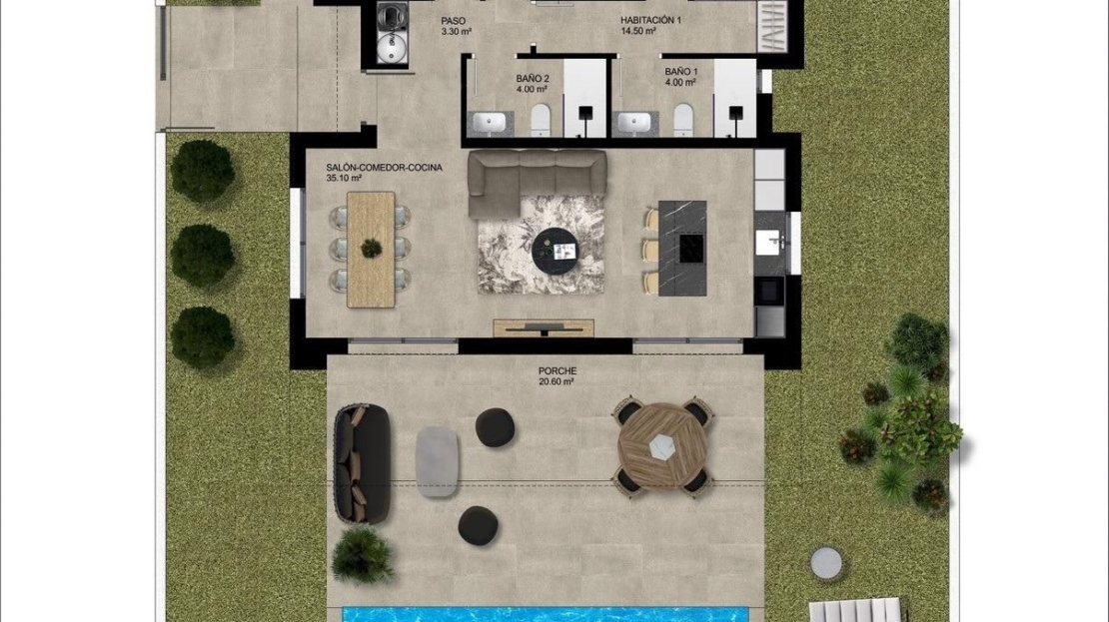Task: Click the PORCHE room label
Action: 557,370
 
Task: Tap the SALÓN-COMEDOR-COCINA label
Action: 384,168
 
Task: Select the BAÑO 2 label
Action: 533,79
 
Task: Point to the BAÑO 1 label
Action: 681,72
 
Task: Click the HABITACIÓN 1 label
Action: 650,21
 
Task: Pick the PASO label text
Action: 454,21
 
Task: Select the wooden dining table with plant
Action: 371,249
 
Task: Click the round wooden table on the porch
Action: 662,445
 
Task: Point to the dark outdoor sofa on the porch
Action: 362,463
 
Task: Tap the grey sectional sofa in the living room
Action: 537,182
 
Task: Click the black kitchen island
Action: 682,248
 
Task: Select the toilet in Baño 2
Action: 541,120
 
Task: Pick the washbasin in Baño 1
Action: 633,123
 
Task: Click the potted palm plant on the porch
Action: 363,554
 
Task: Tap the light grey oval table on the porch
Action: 437,461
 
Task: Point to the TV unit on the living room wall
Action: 544,327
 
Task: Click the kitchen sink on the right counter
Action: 768,243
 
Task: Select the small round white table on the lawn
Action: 826,563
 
